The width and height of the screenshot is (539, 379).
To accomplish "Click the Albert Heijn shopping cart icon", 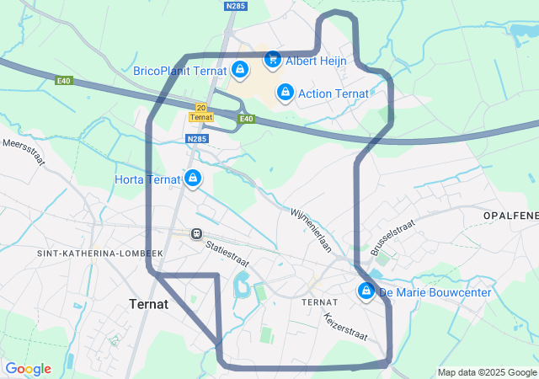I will [272, 59].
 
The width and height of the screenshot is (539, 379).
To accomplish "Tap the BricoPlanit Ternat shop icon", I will [240, 70].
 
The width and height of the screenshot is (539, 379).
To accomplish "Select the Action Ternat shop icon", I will [285, 92].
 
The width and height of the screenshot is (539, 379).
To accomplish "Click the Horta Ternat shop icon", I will [193, 178].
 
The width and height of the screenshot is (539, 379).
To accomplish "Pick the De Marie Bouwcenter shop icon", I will [366, 291].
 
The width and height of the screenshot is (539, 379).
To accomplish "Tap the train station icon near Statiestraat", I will [196, 233].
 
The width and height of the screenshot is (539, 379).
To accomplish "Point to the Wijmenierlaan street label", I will [312, 230].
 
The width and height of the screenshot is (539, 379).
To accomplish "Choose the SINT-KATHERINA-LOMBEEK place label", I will [99, 253].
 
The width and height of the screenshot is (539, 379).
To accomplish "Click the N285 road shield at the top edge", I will [236, 5].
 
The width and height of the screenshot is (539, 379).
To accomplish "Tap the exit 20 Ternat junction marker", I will [200, 112].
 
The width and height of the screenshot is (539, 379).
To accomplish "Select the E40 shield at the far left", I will [64, 81].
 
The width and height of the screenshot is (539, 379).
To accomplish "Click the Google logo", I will [28, 369].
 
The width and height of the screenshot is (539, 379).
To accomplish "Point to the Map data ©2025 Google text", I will [486, 372].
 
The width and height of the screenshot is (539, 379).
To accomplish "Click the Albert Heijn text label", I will [315, 61].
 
